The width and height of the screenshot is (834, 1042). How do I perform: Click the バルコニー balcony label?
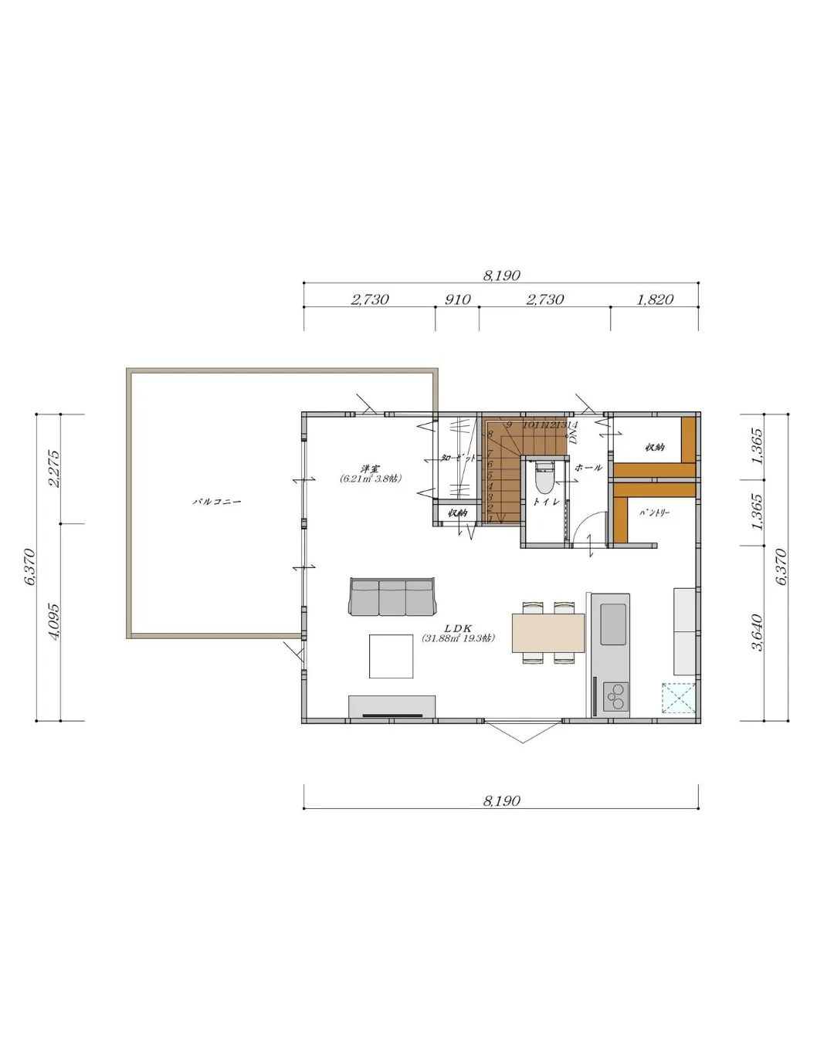pyautogui.click(x=217, y=502)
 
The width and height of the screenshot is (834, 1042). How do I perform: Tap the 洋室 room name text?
pyautogui.click(x=370, y=469)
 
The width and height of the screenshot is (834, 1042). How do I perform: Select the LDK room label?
pyautogui.click(x=457, y=628)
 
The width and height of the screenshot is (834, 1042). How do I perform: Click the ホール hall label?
pyautogui.click(x=588, y=468)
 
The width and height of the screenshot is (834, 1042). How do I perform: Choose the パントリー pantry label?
pyautogui.click(x=655, y=512)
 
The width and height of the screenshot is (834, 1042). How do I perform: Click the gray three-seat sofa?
pyautogui.click(x=392, y=596)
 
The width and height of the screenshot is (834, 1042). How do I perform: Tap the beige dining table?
pyautogui.click(x=548, y=632)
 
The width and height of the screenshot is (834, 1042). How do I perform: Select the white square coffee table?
pyautogui.click(x=391, y=655)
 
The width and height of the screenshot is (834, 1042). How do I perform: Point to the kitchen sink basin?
pyautogui.click(x=614, y=624)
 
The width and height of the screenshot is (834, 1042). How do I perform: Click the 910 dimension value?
pyautogui.click(x=457, y=299)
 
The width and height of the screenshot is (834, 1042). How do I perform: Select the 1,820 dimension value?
pyautogui.click(x=655, y=299)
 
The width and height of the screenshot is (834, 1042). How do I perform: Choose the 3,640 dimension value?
pyautogui.click(x=758, y=632)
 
